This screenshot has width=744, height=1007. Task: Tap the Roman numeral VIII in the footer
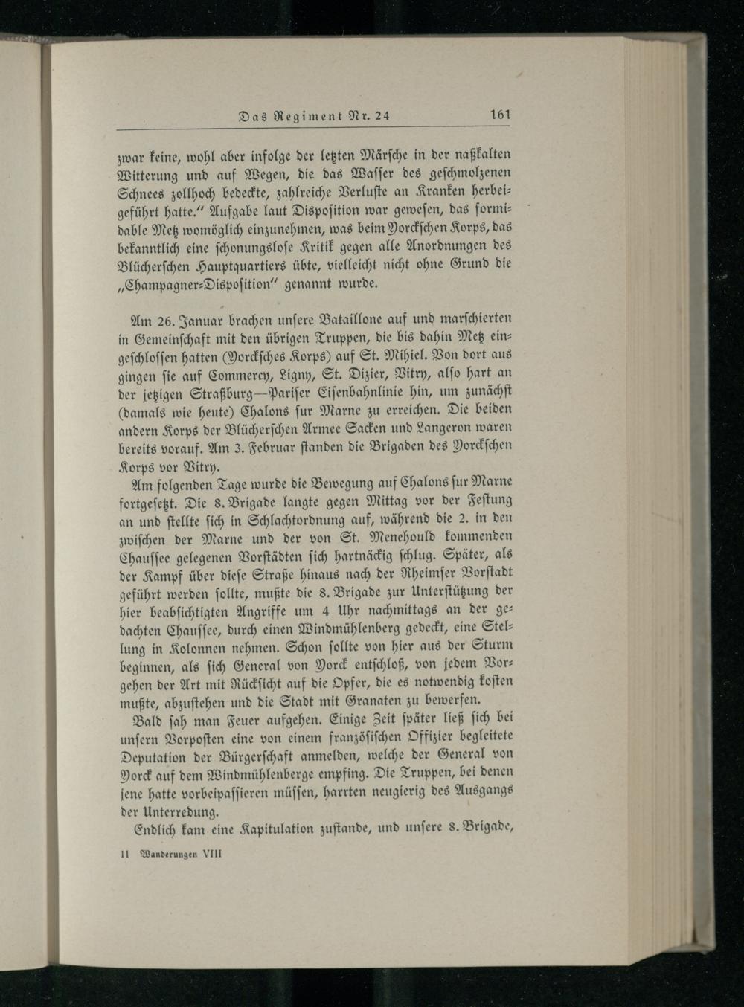(211, 855)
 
